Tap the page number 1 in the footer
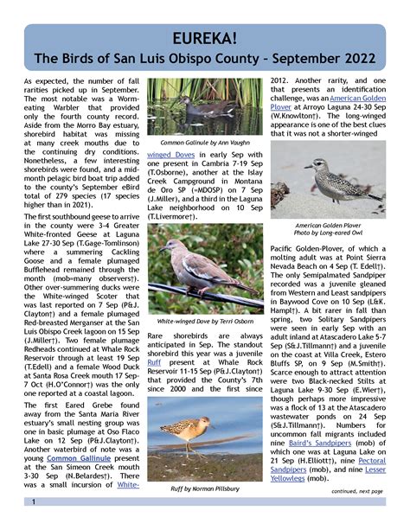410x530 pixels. (34, 502)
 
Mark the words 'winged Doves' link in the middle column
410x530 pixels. (176, 156)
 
